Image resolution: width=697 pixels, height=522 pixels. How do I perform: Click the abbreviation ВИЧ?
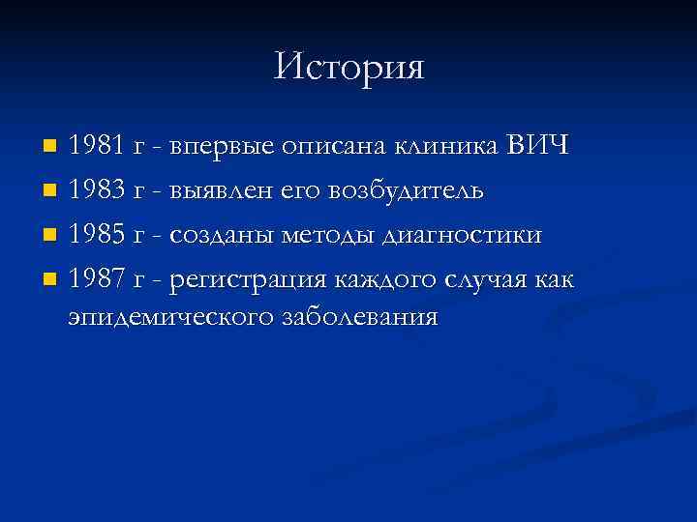pyautogui.click(x=537, y=147)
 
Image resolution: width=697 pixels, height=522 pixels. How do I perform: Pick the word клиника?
pyautogui.click(x=444, y=147)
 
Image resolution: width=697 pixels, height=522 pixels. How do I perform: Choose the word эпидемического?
pyautogui.click(x=170, y=317)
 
